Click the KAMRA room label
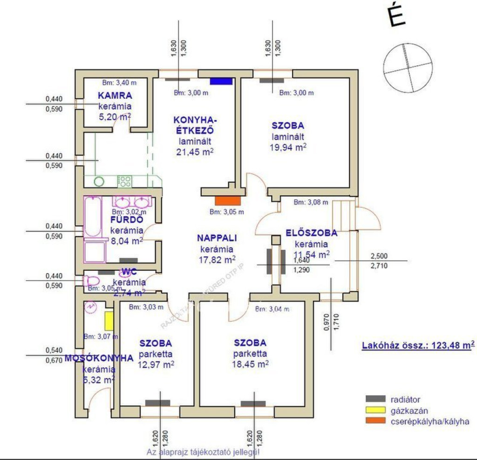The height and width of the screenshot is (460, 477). (x=115, y=96)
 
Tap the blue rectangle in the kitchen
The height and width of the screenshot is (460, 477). (x=221, y=81)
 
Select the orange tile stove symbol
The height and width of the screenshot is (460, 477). (x=228, y=201)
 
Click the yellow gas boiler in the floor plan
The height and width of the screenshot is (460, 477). (x=109, y=321)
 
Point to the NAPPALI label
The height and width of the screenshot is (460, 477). (x=217, y=238)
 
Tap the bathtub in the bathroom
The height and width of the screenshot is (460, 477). (x=92, y=217)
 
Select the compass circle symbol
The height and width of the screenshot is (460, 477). (x=406, y=64)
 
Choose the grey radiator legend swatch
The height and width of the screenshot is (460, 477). (x=375, y=399)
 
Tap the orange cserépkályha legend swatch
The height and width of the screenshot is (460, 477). (x=375, y=421)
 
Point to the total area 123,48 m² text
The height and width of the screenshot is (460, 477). (x=418, y=345)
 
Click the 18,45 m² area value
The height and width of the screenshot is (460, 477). (x=250, y=364)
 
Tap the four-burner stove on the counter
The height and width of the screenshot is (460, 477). (x=124, y=181)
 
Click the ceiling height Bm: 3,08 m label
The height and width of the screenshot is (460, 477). (x=311, y=202)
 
